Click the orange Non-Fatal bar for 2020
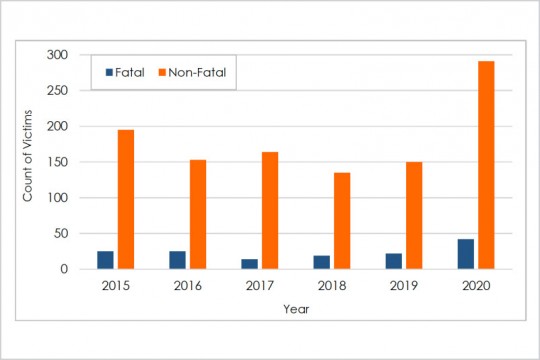point(486,165)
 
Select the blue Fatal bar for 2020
point(466,254)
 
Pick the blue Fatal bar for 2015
point(105,260)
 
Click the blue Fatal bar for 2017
point(249,264)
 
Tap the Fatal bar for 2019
point(394,261)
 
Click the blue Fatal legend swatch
point(111,72)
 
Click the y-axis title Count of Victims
point(29,162)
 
